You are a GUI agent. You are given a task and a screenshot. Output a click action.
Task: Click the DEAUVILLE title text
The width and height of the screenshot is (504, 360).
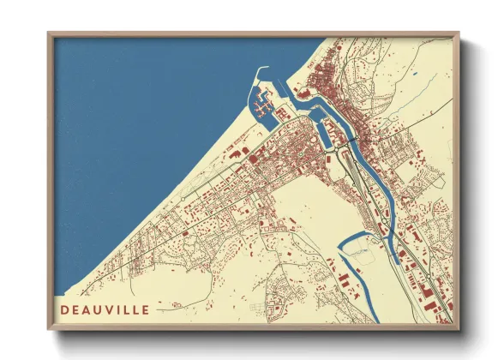(x=105, y=309)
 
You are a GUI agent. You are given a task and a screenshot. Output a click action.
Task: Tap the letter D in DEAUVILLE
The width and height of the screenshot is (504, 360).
(x=65, y=309)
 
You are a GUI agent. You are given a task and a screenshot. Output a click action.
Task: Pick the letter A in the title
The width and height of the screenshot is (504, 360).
(x=86, y=309)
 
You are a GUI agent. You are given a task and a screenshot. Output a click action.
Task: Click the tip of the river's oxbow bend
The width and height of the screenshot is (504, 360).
(x=342, y=249)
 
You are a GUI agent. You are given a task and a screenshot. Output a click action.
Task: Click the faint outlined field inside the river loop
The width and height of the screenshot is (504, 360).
(x=364, y=254)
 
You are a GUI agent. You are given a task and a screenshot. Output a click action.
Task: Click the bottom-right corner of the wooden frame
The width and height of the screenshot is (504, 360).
(x=457, y=328)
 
